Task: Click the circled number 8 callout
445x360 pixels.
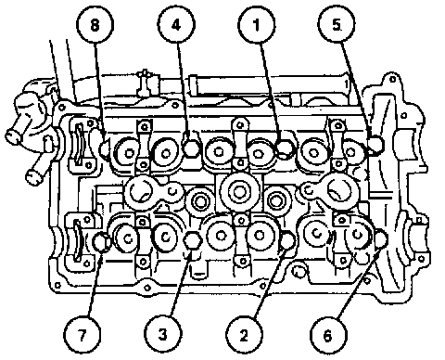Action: (x=95, y=24)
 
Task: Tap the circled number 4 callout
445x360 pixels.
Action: (x=176, y=24)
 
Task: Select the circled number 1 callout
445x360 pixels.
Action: (x=257, y=24)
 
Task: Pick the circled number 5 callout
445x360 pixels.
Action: (x=337, y=24)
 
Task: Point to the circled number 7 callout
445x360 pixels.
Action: (x=82, y=335)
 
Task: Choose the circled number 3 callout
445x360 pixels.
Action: (x=163, y=335)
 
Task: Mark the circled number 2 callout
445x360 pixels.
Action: (x=244, y=335)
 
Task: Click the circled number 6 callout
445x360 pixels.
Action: (x=328, y=335)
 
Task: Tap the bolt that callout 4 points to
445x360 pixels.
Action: (x=192, y=148)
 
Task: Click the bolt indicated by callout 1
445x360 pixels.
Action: (x=285, y=148)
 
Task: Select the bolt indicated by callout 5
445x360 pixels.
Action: (x=376, y=144)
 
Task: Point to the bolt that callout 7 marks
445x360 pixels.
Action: (x=101, y=242)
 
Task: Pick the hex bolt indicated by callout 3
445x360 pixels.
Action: (x=192, y=240)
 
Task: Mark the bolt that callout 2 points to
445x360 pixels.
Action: (x=288, y=240)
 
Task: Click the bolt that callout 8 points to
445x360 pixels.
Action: (x=105, y=148)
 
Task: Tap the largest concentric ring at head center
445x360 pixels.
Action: (x=238, y=192)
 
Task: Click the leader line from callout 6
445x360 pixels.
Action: (x=359, y=282)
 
